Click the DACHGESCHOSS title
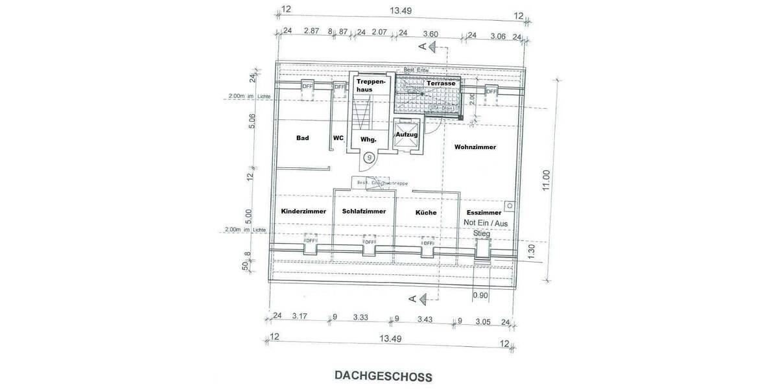[x=383, y=375]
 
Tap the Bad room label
[x=302, y=138]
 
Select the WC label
[x=338, y=138]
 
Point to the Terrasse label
[x=440, y=84]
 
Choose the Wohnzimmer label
[x=475, y=147]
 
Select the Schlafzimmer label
[x=364, y=211]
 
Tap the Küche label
[x=426, y=213]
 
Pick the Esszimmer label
[x=484, y=213]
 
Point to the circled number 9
[x=369, y=157]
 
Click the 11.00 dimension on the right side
[x=546, y=180]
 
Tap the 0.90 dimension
[x=480, y=296]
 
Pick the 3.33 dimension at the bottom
[x=360, y=318]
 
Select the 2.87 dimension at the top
[x=312, y=31]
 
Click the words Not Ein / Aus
[x=486, y=222]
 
